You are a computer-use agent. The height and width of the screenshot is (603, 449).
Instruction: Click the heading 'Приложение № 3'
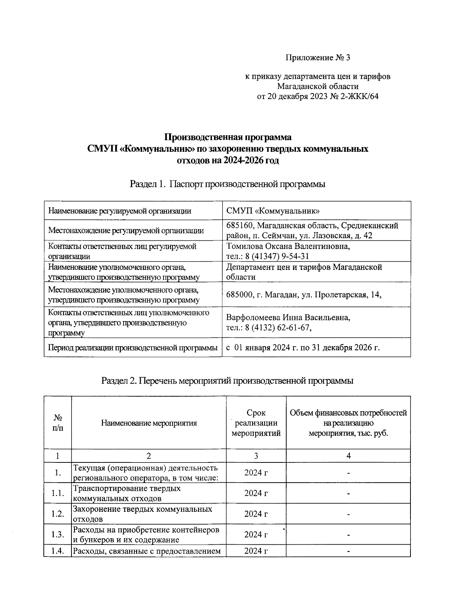pos(318,58)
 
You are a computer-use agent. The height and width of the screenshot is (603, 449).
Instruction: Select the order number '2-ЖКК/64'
pos(359,96)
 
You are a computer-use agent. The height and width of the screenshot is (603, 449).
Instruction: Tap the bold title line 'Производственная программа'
pos(228,137)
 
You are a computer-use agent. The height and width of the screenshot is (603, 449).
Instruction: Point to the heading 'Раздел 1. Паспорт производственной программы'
pos(227,184)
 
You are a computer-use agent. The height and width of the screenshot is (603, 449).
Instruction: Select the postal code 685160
pos(240,225)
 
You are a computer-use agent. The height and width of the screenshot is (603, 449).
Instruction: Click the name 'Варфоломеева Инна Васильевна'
pos(288,318)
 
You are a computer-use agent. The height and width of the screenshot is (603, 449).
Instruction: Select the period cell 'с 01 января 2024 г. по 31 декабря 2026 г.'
pos(303,348)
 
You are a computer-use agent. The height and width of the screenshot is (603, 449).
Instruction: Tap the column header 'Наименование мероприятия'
pos(149,423)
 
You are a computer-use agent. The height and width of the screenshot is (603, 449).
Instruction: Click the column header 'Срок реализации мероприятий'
pos(256,423)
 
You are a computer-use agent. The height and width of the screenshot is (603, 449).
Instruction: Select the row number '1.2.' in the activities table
pos(58,514)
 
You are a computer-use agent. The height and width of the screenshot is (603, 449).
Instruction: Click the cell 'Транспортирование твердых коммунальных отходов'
pos(126,493)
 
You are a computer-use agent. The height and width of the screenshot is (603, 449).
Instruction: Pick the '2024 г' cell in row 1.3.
pos(256,534)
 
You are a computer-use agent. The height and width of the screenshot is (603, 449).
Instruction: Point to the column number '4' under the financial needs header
pos(348,456)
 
